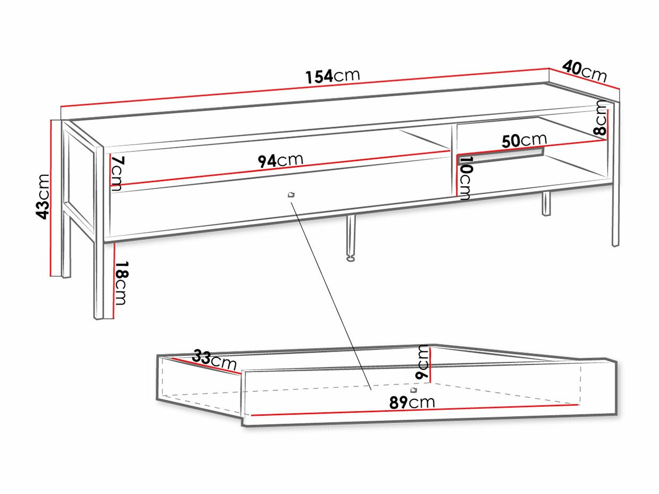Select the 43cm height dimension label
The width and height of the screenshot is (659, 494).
tap(42, 196)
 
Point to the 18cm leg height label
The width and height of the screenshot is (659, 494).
tap(121, 283)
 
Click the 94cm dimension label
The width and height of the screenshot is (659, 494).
tap(280, 160)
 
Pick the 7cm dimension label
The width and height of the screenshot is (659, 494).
tap(118, 173)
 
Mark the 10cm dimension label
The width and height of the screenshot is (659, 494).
tap(465, 178)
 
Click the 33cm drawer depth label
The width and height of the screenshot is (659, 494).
tap(214, 360)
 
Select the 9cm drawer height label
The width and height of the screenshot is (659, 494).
tap(422, 361)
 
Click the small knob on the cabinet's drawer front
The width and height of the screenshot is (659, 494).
tap(290, 195)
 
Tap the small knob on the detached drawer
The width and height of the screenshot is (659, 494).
tap(414, 390)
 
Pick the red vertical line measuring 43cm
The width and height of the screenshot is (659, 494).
tap(51, 199)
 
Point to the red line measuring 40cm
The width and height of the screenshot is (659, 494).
tap(584, 79)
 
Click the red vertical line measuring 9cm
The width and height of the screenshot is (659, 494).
tap(430, 364)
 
